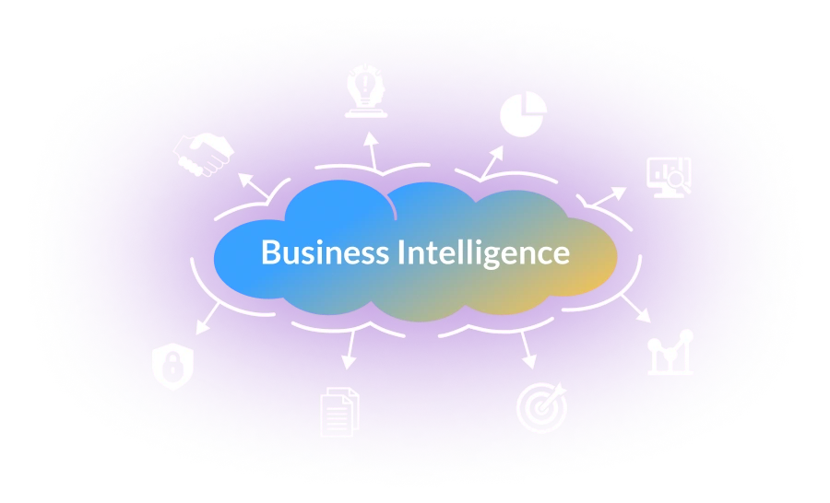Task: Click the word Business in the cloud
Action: (325, 251)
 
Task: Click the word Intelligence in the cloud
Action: (484, 252)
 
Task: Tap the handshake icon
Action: (204, 155)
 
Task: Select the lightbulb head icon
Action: (366, 91)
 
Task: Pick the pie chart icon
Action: (523, 114)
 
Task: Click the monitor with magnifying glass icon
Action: (670, 178)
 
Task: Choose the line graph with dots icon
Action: (670, 352)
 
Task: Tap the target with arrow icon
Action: (541, 407)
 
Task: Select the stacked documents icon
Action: (339, 412)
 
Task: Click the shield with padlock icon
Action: (172, 367)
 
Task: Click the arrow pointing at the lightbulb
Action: (372, 151)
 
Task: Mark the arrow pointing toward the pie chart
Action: (492, 161)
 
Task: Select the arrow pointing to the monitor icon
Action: (609, 196)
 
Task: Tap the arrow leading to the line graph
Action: (635, 309)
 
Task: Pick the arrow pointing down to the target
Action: (528, 351)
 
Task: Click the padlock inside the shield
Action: (172, 365)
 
